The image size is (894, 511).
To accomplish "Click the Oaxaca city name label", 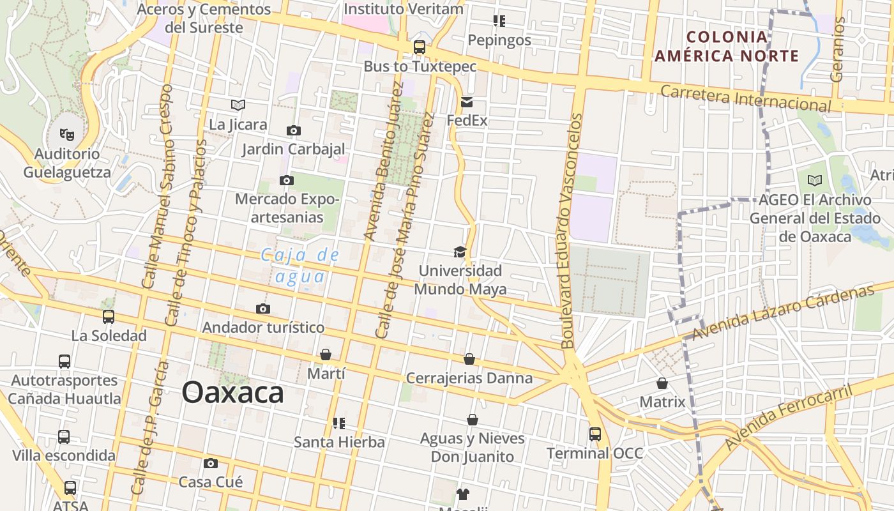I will tap(232, 392).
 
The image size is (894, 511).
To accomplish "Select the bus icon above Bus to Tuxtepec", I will tap(420, 47).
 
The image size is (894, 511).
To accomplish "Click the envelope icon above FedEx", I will tap(467, 102).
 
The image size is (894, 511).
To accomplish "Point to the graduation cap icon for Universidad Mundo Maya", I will tap(460, 252).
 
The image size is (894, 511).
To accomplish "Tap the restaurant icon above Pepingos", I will tap(499, 21).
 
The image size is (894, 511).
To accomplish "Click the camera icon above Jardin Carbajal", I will tap(293, 130).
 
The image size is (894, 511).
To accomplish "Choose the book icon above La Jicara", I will tap(238, 105).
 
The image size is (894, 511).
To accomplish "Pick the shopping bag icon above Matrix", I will tap(662, 383).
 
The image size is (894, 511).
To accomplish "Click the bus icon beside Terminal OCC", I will tap(595, 434).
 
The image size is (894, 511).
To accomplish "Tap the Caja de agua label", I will tap(300, 266).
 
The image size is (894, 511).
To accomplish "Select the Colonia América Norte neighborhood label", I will tap(727, 46).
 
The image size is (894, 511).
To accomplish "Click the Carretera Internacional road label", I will tap(745, 98).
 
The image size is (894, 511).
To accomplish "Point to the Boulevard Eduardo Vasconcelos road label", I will tap(572, 231).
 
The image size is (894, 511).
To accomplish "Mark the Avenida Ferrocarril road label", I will tap(789, 416).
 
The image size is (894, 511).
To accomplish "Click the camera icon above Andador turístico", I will tap(262, 309).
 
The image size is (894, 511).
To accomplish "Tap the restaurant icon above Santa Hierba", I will tap(339, 423).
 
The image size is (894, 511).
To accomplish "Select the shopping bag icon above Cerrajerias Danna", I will tap(469, 360).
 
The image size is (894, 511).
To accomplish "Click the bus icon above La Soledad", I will tap(109, 317).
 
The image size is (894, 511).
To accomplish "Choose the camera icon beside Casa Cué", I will tap(211, 463).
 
